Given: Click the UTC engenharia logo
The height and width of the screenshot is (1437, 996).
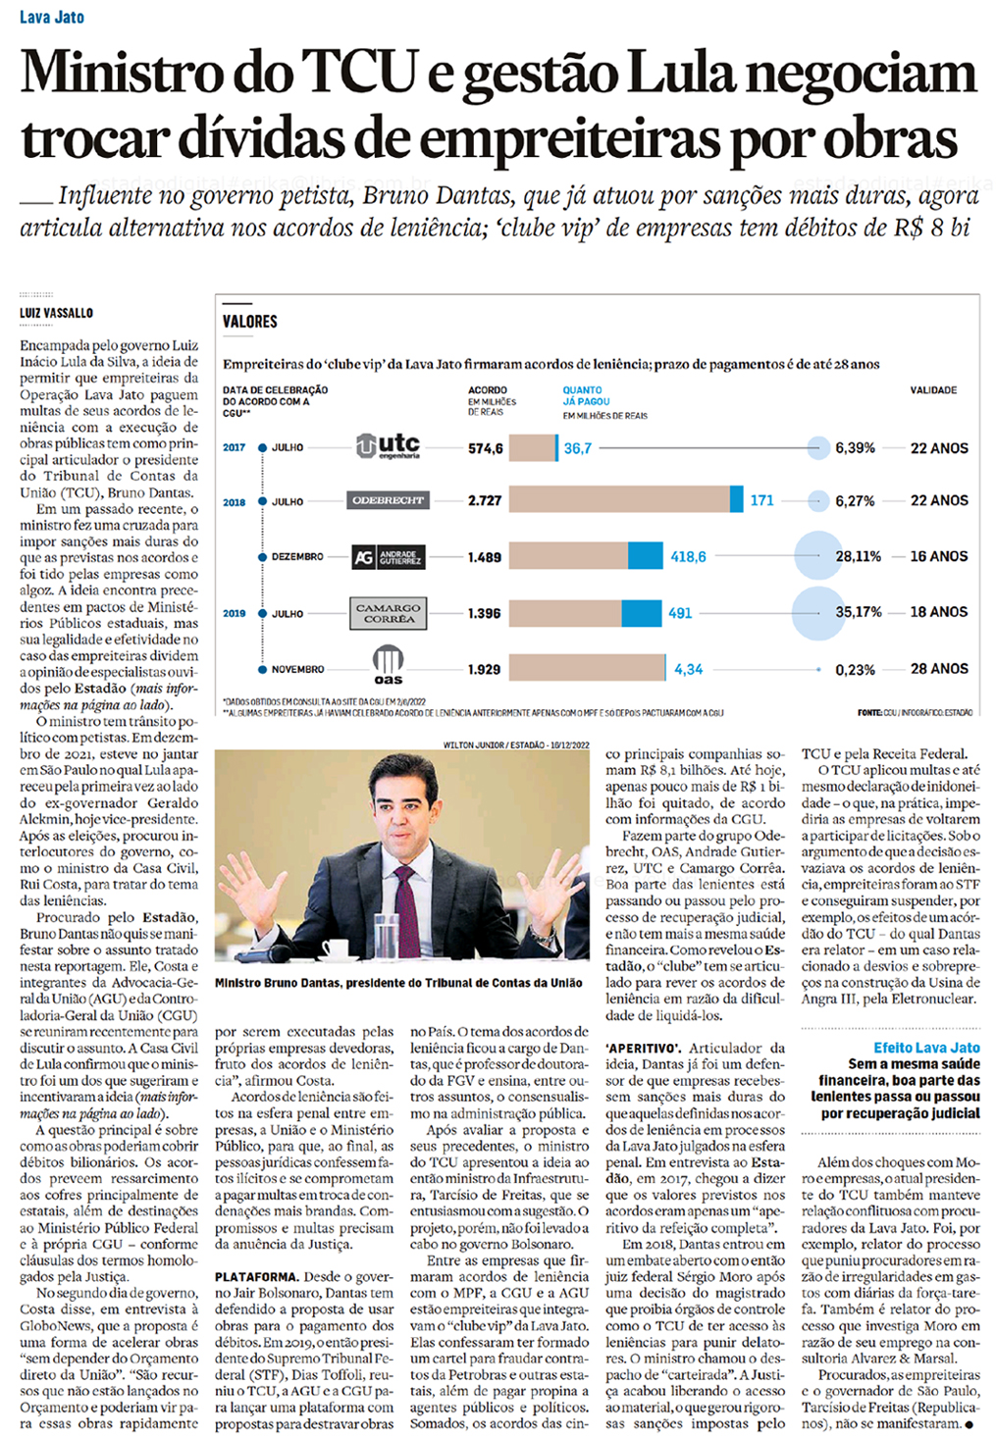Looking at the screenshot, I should pos(388,446).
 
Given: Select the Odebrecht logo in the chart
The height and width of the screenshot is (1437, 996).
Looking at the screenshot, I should pos(388,500).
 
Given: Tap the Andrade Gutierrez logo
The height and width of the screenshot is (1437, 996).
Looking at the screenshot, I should pos(388,557).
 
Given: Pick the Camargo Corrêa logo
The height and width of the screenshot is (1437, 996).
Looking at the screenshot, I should pos(388,613).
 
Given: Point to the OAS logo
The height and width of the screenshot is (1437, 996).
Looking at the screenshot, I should pos(388,665).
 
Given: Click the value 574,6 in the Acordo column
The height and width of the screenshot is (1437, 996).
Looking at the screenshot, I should pos(485,448).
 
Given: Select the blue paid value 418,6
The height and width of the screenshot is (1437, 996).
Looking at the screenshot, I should pos(688,557).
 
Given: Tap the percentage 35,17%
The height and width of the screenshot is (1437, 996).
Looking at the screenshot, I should pos(858,612).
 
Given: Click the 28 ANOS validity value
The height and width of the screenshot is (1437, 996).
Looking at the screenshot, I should pos(938,669).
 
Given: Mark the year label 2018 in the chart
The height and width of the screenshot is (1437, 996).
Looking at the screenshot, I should pos(234,502).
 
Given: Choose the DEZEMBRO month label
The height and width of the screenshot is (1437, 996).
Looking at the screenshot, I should pos(297,557).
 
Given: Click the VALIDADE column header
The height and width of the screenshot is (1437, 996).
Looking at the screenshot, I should pos(932,390).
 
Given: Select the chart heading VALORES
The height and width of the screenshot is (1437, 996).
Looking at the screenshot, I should pos(250,322).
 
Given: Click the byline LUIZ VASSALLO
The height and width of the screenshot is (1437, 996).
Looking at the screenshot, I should pos(56,313).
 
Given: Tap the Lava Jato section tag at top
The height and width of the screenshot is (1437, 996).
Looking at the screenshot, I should pos(51,18).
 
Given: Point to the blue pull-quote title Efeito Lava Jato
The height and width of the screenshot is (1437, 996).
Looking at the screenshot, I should pos(926,1048).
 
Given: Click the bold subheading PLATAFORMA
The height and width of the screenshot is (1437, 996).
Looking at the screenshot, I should pos(256,1277).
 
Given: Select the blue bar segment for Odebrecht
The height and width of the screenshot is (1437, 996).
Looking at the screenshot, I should pos(736,500).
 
